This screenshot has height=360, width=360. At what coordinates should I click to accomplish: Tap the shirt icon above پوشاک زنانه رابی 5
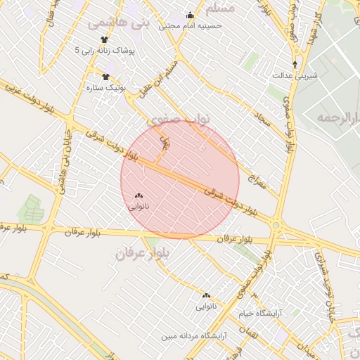(x=104, y=39)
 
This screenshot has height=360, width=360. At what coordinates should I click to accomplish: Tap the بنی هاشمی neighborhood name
(x=119, y=22)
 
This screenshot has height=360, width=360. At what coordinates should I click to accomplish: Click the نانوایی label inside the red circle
(x=138, y=207)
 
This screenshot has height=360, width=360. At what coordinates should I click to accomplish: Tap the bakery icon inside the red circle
(x=138, y=195)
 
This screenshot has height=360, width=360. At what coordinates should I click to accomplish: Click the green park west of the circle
(x=32, y=209)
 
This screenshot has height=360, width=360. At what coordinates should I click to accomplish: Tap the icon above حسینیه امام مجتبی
(x=189, y=15)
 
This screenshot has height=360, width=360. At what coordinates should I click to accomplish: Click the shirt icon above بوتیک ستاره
(x=105, y=77)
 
